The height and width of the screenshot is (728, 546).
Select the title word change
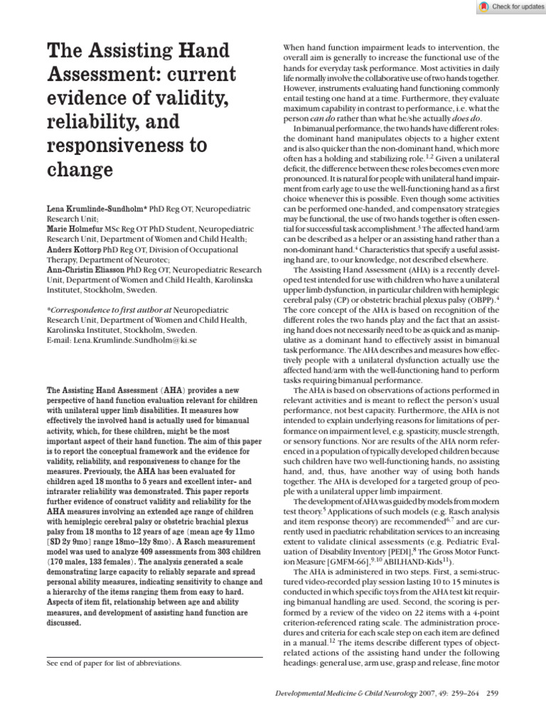pos(80,171)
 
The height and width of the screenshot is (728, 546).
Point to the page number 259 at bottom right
pos(491,694)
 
